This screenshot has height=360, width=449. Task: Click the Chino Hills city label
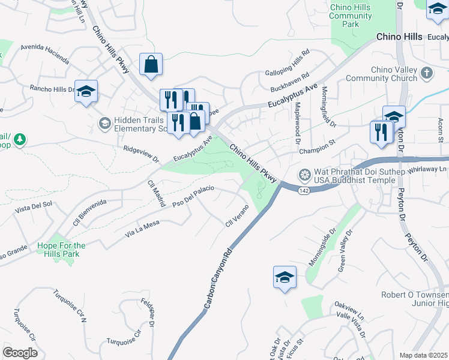click(399, 37)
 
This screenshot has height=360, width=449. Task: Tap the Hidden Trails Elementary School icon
click(103, 124)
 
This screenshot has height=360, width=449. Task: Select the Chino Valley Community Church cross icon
click(426, 73)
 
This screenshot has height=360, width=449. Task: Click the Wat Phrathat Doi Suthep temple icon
click(305, 175)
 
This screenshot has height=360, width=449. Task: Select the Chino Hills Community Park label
click(351, 16)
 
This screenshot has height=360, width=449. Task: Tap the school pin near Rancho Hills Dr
click(86, 91)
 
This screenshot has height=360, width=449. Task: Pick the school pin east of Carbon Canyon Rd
click(285, 277)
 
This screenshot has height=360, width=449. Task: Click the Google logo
click(20, 353)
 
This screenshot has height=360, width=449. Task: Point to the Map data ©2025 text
click(424, 355)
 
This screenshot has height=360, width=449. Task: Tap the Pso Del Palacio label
click(193, 197)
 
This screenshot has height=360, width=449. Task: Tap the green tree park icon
click(20, 140)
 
